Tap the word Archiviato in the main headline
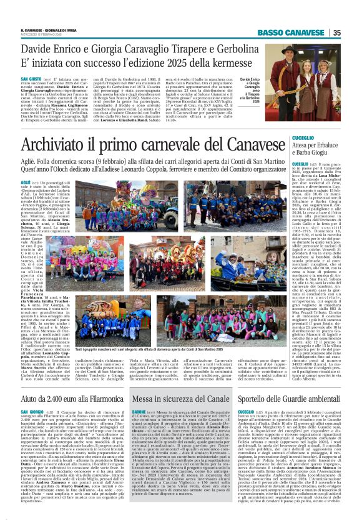(72, 146)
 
